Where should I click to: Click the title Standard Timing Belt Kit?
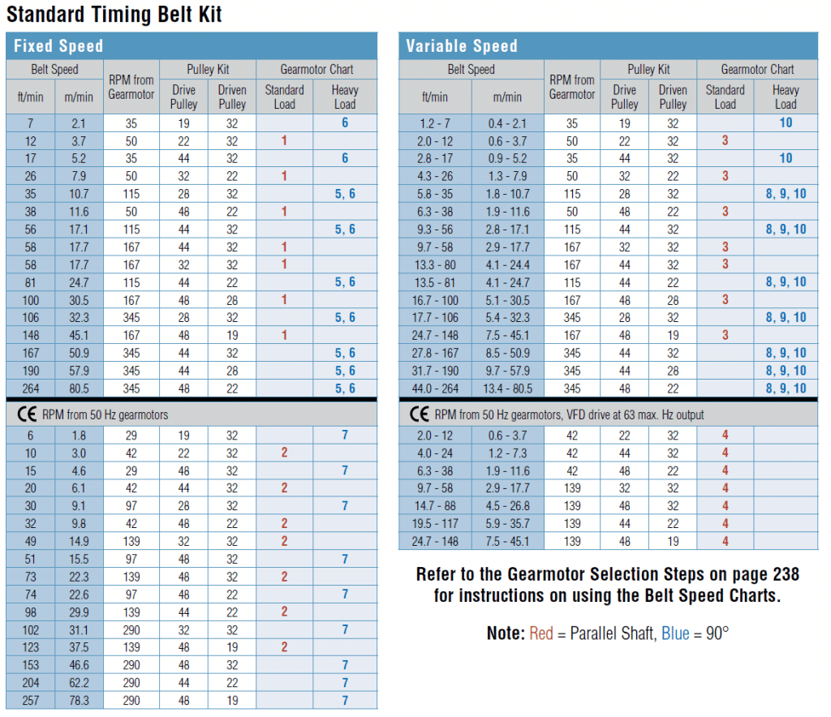pyautogui.click(x=114, y=14)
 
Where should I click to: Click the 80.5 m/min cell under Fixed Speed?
pyautogui.click(x=80, y=389)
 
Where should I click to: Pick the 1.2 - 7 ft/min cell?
pyautogui.click(x=435, y=123)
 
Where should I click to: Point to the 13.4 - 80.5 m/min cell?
pyautogui.click(x=509, y=389)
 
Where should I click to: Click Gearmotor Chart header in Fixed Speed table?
pyautogui.click(x=316, y=70)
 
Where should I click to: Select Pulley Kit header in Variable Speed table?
pyautogui.click(x=648, y=70)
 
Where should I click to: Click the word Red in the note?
pyautogui.click(x=541, y=633)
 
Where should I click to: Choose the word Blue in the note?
pyautogui.click(x=675, y=633)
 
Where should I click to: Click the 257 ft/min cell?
pyautogui.click(x=30, y=700)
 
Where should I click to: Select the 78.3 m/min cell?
pyautogui.click(x=80, y=700)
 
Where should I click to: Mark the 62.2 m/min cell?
pyautogui.click(x=80, y=683)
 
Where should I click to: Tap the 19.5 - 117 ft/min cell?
pyautogui.click(x=435, y=524)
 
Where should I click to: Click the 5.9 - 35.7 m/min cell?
pyautogui.click(x=509, y=524)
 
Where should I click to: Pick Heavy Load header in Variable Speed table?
pyautogui.click(x=785, y=97)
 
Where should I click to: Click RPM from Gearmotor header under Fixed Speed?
pyautogui.click(x=131, y=88)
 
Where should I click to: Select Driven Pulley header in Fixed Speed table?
pyautogui.click(x=232, y=97)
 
